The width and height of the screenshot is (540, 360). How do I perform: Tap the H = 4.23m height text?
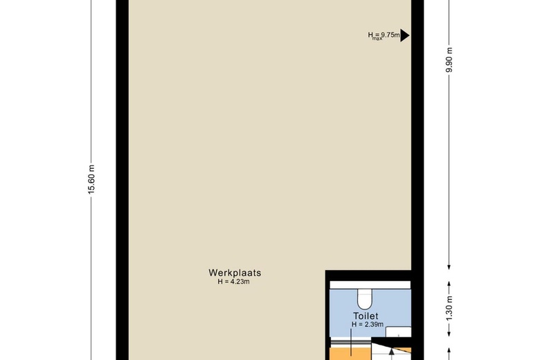[x=235, y=281]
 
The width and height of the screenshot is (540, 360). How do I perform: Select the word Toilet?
[x=365, y=316]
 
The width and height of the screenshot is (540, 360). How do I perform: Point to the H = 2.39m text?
[x=366, y=324]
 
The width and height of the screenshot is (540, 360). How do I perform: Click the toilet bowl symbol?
[x=364, y=298]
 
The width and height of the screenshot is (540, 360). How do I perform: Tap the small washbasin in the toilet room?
[x=398, y=331]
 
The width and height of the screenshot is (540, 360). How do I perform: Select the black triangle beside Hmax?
[x=405, y=35]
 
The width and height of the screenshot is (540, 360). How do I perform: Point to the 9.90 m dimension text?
[x=449, y=60]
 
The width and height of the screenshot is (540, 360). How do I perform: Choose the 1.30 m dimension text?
[x=449, y=307]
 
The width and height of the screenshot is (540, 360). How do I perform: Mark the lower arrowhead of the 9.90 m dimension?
[x=449, y=266]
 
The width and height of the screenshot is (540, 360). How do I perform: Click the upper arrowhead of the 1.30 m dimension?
[x=449, y=284]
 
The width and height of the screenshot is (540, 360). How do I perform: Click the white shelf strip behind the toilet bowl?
[x=370, y=285]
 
